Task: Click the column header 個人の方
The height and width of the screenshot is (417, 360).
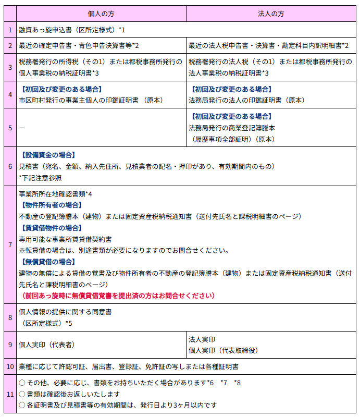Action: [x=101, y=13]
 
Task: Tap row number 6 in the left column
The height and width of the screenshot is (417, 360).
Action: [x=10, y=166]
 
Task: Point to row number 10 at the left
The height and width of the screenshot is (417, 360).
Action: [x=10, y=367]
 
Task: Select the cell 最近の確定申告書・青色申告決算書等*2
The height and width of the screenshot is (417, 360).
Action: [x=78, y=45]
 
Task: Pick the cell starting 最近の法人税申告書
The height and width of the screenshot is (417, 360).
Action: [x=268, y=45]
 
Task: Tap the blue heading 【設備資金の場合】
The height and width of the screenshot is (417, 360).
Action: [x=47, y=155]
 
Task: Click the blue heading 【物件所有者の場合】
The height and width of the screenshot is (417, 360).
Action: [x=51, y=205]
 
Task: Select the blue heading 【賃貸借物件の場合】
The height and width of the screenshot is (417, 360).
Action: [x=51, y=228]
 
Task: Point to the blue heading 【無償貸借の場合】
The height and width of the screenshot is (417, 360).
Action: [x=47, y=262]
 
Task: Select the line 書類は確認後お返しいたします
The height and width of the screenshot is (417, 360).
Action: [x=73, y=394]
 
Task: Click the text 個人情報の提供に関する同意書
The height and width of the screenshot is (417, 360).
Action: [x=65, y=312]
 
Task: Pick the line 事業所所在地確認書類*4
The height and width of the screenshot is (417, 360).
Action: [x=55, y=194]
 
